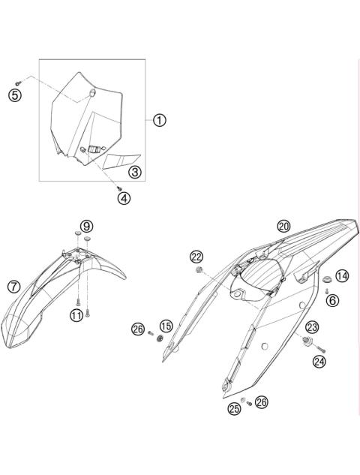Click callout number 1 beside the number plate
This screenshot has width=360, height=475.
coord(160,120)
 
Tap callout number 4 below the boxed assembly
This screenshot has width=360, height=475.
coord(124,198)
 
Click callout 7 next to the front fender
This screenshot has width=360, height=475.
coord(13,286)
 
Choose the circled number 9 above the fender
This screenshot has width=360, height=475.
coord(87,226)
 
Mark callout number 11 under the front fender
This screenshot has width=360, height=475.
coord(76,315)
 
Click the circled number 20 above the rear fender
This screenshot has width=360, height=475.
coord(283,226)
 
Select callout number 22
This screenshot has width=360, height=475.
coord(196,257)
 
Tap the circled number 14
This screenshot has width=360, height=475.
coord(341,276)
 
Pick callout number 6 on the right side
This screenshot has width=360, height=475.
coord(332,299)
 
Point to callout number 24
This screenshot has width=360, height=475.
coord(320,361)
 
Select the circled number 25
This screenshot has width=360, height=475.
coord(235,409)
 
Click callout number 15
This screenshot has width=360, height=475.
coord(166,326)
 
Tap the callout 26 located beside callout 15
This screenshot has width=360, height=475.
coord(138,328)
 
